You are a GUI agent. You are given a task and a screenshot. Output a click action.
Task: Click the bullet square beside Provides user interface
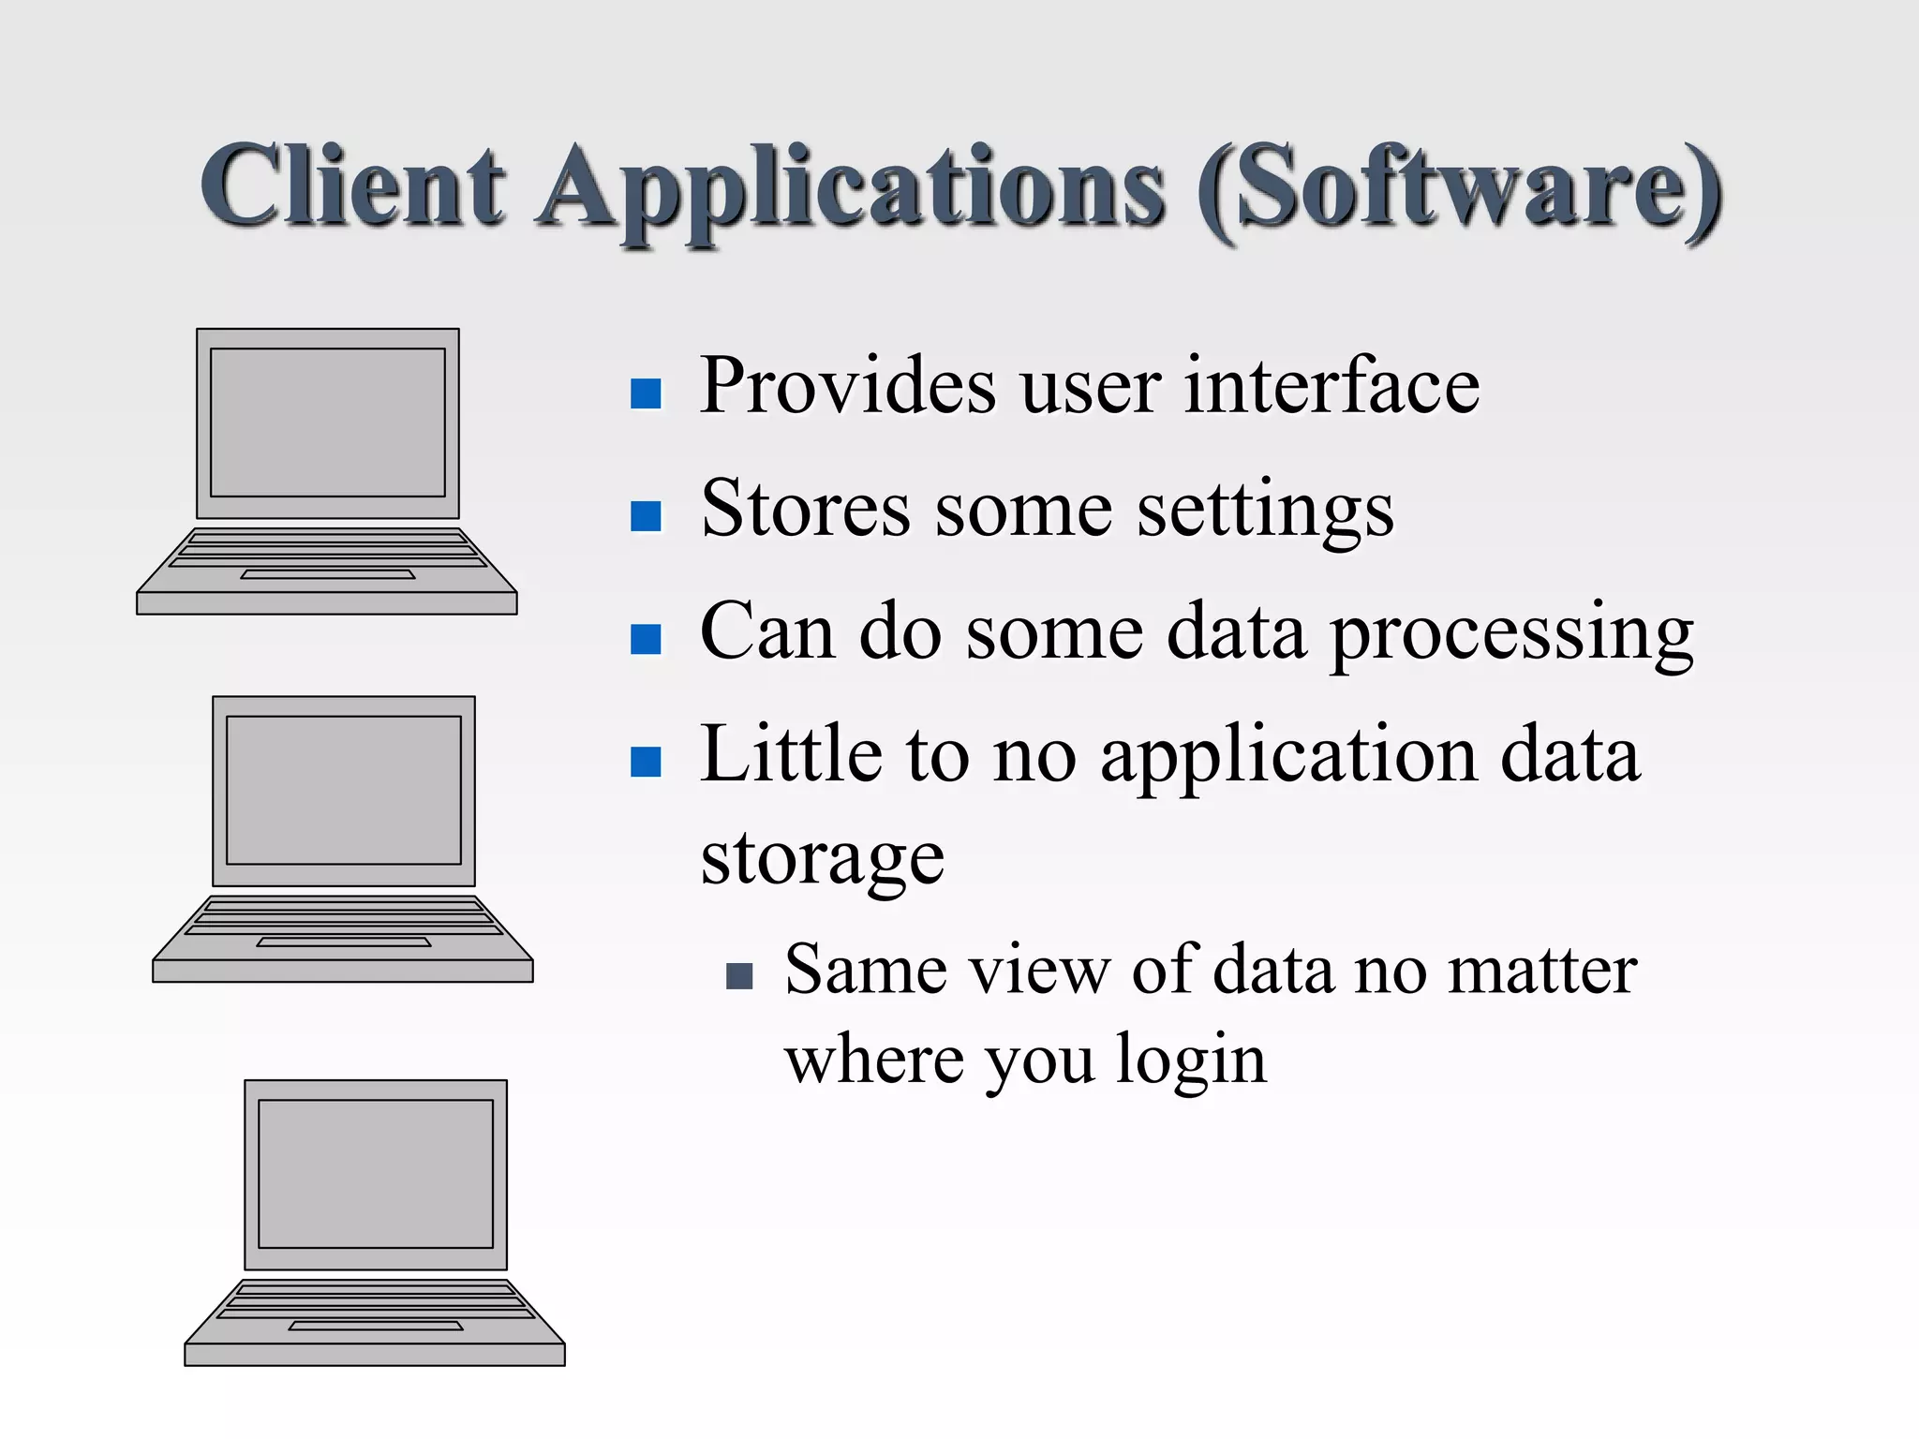pyautogui.click(x=646, y=393)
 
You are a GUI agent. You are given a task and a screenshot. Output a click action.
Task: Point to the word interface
pyautogui.click(x=1331, y=386)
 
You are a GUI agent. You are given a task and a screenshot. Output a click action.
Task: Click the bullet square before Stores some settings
pyautogui.click(x=646, y=516)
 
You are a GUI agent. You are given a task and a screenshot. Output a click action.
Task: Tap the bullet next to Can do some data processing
pyautogui.click(x=646, y=639)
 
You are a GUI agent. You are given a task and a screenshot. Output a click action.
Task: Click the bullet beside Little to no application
pyautogui.click(x=646, y=762)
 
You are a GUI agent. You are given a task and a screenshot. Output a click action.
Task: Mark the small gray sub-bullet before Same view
pyautogui.click(x=739, y=976)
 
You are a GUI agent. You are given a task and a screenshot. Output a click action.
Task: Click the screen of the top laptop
pyautogui.click(x=328, y=423)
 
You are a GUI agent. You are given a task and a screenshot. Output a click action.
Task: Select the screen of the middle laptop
pyautogui.click(x=344, y=790)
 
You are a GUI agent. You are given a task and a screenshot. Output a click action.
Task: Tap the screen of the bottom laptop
pyautogui.click(x=376, y=1174)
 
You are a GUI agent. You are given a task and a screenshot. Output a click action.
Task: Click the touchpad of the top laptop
pyautogui.click(x=328, y=574)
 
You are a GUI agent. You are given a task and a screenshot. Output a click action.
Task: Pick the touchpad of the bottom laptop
pyautogui.click(x=376, y=1326)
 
